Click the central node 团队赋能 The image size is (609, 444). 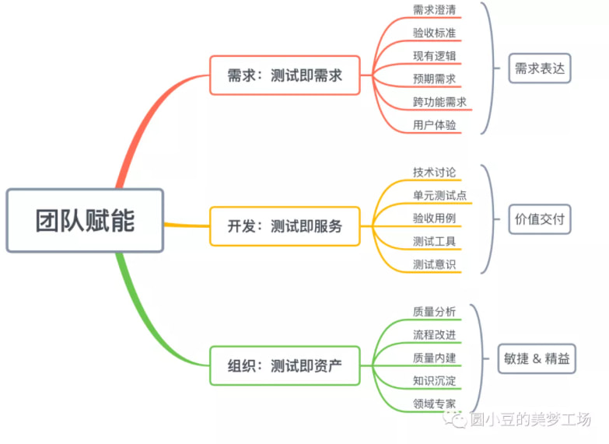85,220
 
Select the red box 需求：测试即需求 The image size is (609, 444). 285,75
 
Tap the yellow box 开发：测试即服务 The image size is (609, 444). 285,226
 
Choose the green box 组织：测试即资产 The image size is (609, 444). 285,365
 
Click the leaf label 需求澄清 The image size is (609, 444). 435,10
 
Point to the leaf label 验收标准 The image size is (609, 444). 435,33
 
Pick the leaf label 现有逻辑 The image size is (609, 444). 435,56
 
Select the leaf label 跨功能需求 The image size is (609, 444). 440,102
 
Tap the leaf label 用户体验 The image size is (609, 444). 435,124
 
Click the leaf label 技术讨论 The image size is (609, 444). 435,172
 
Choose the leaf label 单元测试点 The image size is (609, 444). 440,195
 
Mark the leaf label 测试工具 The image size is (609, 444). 435,241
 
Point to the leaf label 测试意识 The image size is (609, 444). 435,264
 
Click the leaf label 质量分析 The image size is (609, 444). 435,311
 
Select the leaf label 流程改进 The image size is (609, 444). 435,334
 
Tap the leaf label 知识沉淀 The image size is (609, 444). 435,380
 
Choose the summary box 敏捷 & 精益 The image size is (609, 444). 537,358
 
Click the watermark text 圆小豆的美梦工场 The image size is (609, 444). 530,420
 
